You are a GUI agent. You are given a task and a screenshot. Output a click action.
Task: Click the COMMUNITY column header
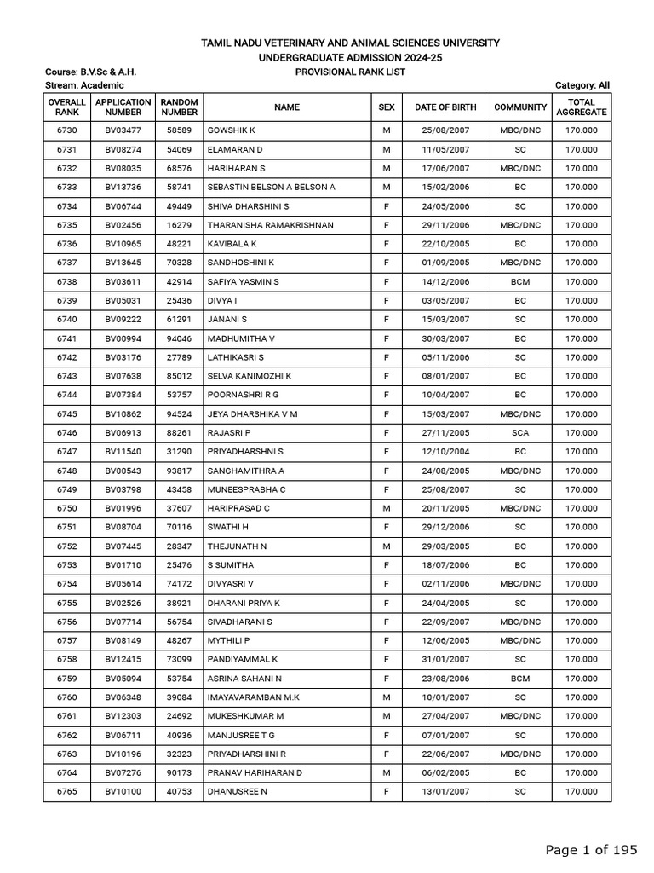520,107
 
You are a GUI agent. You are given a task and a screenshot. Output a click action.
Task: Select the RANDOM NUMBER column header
179,107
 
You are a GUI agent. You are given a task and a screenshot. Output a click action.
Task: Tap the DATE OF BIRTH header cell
445,107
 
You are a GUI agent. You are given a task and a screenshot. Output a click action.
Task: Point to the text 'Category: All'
582,85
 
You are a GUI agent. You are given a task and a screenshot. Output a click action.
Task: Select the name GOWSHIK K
232,130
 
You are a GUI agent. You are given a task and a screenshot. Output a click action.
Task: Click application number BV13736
123,187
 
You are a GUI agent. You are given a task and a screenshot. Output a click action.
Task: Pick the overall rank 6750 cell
66,508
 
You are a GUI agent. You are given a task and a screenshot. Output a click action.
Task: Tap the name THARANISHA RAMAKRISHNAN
259,225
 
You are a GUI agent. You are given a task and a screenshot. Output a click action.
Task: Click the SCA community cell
520,433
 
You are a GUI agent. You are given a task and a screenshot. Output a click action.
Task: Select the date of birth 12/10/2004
445,452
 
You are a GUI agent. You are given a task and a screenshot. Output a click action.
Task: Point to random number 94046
179,338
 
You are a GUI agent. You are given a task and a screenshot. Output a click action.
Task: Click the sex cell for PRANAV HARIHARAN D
387,773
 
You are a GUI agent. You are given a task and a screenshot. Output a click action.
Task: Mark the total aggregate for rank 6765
582,792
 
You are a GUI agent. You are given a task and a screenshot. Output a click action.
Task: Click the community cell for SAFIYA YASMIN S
520,281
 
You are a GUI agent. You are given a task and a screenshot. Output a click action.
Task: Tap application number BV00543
123,471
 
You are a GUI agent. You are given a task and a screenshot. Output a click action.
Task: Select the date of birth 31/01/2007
445,660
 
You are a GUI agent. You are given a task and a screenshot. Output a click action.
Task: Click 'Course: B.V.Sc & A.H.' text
89,72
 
